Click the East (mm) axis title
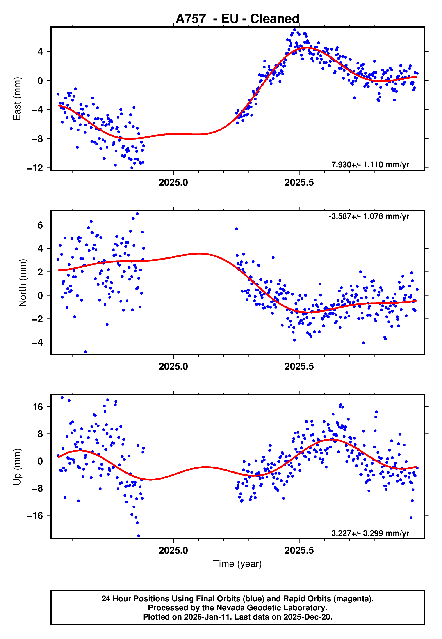pos(17,99)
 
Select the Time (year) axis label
pos(237,563)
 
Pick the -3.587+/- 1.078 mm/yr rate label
pos(369,216)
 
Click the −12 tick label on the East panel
pos(35,168)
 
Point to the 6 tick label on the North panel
pos(40,225)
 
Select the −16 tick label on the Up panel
pos(35,515)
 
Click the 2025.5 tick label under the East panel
pos(299,182)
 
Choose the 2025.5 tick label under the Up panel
pos(299,550)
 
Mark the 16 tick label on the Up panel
pos(38,407)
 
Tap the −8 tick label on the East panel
pos(37,139)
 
